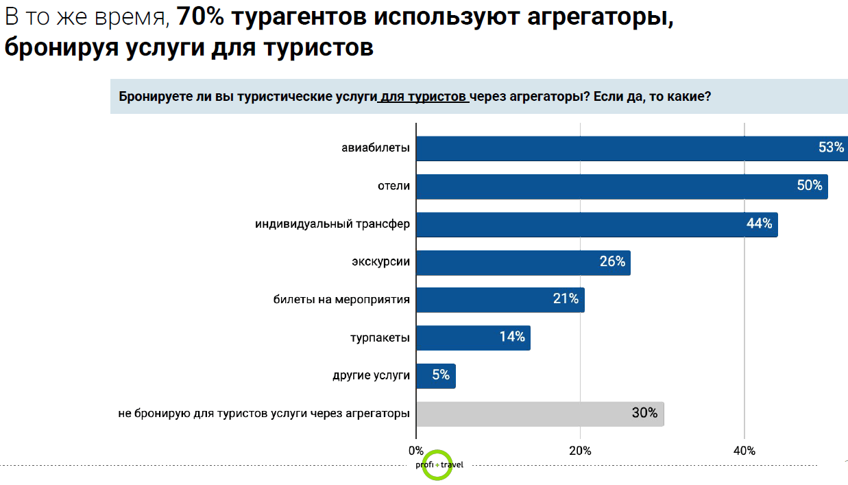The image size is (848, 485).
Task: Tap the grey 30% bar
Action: click(x=540, y=414)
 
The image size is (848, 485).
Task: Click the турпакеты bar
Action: click(x=473, y=338)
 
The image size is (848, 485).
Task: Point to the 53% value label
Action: click(x=831, y=147)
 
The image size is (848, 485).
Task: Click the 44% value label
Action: click(x=759, y=224)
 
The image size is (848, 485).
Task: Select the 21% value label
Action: click(x=566, y=299)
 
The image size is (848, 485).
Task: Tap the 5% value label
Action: click(x=441, y=375)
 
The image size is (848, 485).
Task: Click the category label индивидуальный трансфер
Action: click(x=332, y=224)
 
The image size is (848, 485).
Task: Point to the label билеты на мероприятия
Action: click(x=341, y=300)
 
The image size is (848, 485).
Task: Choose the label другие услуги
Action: click(x=371, y=375)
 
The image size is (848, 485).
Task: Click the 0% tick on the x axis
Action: click(x=416, y=451)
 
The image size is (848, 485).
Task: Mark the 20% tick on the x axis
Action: click(x=581, y=451)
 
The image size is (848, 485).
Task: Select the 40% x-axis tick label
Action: click(x=744, y=451)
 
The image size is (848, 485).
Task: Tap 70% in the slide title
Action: click(x=201, y=19)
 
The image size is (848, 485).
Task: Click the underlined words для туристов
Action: click(x=423, y=97)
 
